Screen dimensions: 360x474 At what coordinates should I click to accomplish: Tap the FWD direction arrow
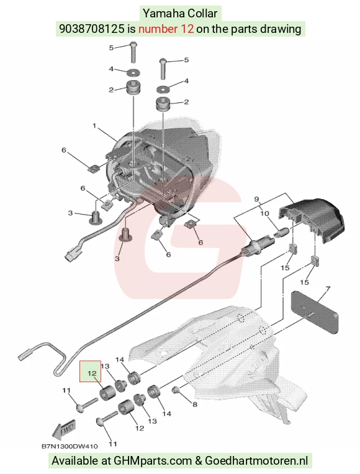coord(64,430)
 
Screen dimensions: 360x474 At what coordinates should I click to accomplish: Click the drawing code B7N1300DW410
coord(70,446)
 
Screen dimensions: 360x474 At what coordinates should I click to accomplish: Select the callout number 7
coord(328,289)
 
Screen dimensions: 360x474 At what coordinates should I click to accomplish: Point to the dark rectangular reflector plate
coord(315,312)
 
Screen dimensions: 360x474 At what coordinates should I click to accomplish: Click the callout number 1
coord(94,125)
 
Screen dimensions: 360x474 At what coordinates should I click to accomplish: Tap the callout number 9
coord(256,199)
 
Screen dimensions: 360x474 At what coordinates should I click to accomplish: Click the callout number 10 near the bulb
coord(264,213)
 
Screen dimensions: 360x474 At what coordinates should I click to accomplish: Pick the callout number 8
coord(195,404)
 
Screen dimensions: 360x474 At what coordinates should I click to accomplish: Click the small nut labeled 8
coord(175,391)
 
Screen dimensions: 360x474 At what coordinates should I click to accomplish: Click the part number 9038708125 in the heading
coord(92,29)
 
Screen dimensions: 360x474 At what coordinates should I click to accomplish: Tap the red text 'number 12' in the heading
coord(166,29)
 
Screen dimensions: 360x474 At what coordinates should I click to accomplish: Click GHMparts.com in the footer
coord(153,461)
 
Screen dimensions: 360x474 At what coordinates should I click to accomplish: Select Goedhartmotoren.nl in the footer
coord(256,461)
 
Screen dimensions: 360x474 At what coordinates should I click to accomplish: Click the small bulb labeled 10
coord(280,233)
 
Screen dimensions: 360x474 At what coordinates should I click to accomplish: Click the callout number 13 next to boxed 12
coord(105,367)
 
